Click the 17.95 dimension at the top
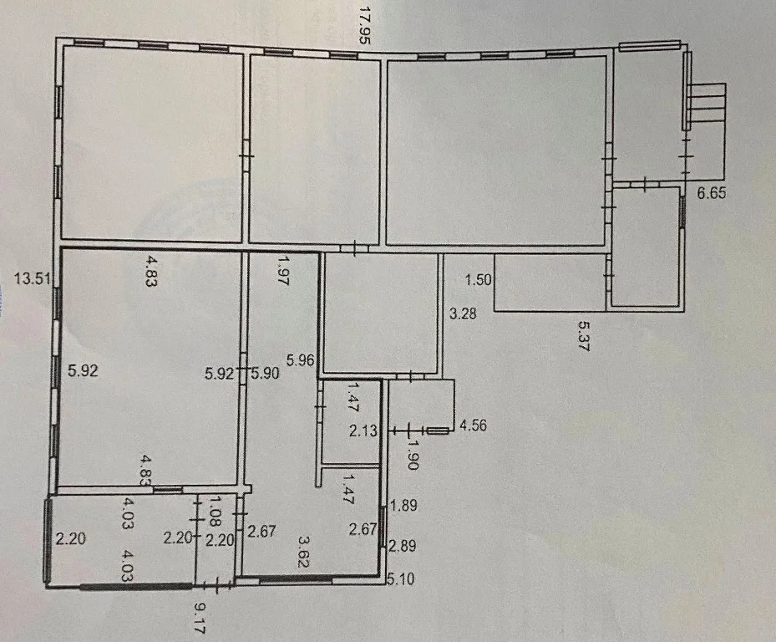point(364,26)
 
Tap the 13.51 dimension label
point(32,279)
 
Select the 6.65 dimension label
point(712,193)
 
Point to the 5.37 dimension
point(584,336)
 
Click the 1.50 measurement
point(478,280)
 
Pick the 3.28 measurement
point(463,313)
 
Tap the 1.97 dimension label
point(282,271)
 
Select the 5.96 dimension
point(301,359)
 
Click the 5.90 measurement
point(266,373)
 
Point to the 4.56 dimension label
point(473,425)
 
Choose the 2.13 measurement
point(363,431)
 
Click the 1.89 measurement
point(403,506)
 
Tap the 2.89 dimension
point(403,547)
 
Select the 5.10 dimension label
point(400,578)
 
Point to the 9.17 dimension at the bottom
point(200,618)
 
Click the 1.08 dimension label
point(215,511)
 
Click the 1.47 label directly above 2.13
point(354,396)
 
